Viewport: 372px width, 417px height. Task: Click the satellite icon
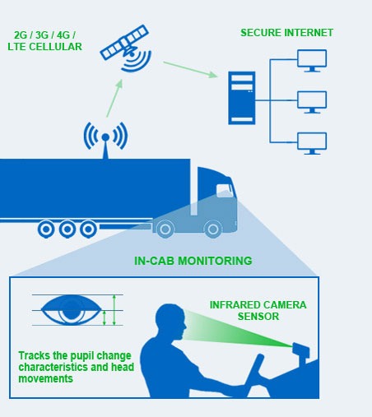point(126,48)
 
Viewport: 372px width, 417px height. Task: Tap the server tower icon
point(242,98)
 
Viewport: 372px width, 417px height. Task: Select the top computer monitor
point(312,61)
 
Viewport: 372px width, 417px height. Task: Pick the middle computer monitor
point(312,102)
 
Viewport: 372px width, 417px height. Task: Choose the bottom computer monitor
point(312,143)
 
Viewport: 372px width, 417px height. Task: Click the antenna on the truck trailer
point(105,140)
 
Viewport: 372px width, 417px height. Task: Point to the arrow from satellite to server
point(190,70)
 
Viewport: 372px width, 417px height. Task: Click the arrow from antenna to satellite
point(114,98)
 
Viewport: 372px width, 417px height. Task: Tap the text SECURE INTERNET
point(286,33)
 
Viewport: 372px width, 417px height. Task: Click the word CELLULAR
point(55,47)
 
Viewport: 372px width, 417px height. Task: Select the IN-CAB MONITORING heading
point(193,261)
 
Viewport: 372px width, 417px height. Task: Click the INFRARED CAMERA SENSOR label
point(258,311)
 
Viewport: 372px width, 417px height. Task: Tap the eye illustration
point(72,310)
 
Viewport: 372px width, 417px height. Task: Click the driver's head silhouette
point(170,322)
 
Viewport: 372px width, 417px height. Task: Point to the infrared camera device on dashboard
point(301,352)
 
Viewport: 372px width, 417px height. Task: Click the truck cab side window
point(225,191)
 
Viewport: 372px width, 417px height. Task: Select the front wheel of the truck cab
point(213,229)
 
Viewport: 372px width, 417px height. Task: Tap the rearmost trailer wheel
point(46,229)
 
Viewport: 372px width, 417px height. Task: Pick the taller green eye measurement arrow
point(114,310)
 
